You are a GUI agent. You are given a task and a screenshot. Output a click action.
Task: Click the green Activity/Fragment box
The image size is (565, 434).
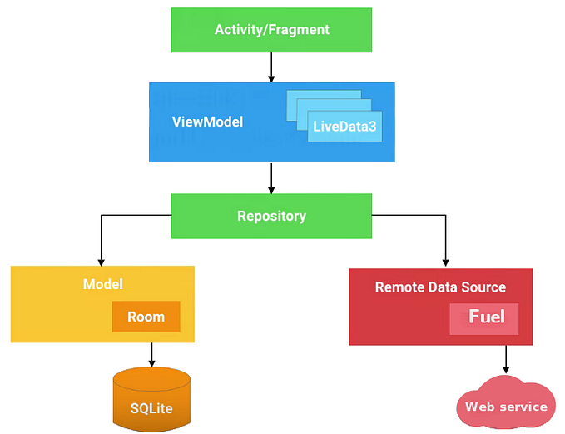click(x=271, y=30)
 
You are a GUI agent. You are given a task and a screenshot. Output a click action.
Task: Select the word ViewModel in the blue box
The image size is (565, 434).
click(x=207, y=122)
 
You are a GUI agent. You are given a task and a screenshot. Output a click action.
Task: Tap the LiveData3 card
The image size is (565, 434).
click(x=344, y=127)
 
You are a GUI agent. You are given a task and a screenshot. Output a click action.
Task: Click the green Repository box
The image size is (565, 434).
click(x=271, y=216)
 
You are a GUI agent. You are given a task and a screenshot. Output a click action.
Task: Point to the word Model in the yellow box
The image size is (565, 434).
click(x=102, y=284)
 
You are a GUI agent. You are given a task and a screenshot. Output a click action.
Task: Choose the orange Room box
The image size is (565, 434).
click(x=146, y=317)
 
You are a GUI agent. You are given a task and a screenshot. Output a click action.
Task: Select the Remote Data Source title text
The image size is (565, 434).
click(x=440, y=287)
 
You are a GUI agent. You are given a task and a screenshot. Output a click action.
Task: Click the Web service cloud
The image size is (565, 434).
click(x=505, y=403)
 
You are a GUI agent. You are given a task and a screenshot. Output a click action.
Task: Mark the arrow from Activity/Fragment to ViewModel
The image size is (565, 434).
click(x=271, y=67)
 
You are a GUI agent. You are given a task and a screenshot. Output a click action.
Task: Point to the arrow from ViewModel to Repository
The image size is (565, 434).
click(x=271, y=177)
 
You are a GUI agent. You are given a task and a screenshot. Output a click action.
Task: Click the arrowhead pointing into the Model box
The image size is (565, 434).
click(x=102, y=260)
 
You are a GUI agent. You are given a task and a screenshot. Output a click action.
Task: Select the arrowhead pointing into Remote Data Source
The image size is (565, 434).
click(x=445, y=262)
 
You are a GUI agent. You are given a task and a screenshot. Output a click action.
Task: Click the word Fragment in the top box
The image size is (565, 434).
click(x=299, y=30)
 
